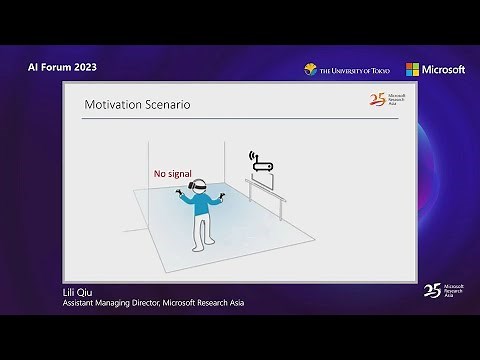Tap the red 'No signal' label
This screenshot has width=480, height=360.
pos(172,174)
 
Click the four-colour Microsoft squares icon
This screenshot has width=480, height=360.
pos(412,69)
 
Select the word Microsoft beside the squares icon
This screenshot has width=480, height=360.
pos(443,69)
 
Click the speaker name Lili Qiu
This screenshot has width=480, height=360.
pos(78,292)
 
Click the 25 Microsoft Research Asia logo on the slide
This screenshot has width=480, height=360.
pos(386,100)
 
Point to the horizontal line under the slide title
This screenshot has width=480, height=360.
pos(240,118)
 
